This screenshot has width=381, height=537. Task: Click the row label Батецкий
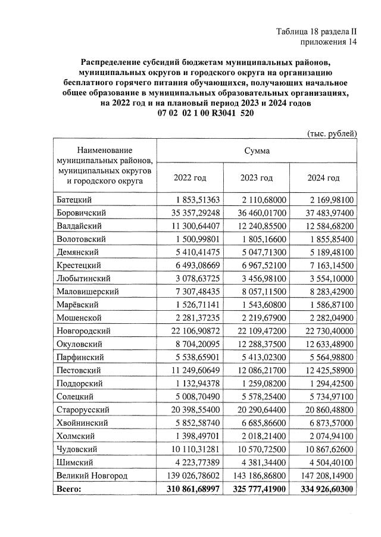coord(74,199)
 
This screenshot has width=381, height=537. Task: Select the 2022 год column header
coord(190,178)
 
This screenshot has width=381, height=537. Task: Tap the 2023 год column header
coord(256,178)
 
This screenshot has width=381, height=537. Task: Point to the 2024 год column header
coord(323,178)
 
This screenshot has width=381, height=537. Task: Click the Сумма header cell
coord(257,151)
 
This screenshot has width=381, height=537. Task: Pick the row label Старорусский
coord(82,410)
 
